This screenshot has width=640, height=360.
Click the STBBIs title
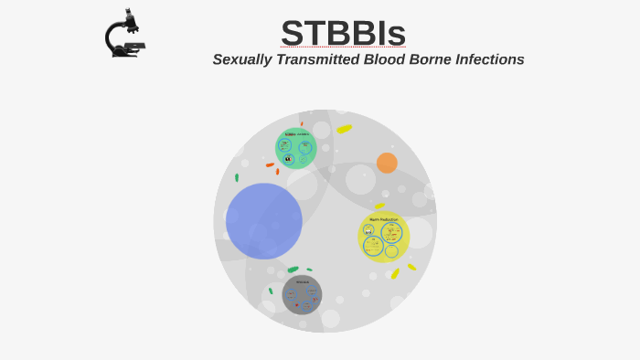click(343, 33)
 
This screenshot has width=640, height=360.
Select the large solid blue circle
click(264, 221)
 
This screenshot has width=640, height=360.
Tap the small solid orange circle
click(387, 163)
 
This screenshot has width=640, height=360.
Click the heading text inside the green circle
click(297, 134)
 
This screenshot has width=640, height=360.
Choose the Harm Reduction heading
click(384, 219)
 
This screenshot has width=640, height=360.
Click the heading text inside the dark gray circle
click(302, 282)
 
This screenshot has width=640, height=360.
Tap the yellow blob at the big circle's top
click(344, 129)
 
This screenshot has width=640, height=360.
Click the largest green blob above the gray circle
click(293, 270)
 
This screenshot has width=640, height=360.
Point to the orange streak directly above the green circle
click(302, 123)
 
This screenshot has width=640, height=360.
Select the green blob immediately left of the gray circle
click(271, 291)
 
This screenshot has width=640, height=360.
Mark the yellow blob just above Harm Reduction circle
click(379, 206)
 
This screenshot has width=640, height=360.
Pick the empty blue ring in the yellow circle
click(391, 251)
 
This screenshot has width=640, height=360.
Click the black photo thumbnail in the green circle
click(289, 159)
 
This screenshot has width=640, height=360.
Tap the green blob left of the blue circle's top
click(237, 177)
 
